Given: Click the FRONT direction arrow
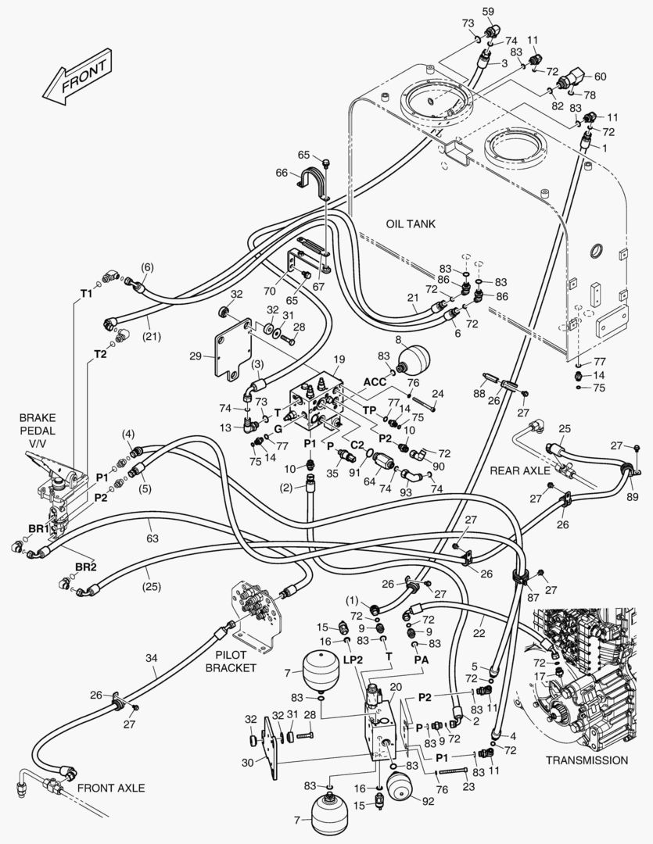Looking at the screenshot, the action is (77, 76).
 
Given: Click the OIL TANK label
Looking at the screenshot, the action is (411, 224).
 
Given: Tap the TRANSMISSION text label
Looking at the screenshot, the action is (587, 760).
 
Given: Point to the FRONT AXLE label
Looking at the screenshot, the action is (111, 788).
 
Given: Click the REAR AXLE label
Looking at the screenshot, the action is (520, 471).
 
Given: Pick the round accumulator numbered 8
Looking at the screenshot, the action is (414, 359).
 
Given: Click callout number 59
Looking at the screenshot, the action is (488, 10).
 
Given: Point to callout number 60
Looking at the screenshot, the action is (599, 77).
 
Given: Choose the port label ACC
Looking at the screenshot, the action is (375, 381).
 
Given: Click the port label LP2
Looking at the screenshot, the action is (353, 660).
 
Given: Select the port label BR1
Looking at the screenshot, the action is (39, 528).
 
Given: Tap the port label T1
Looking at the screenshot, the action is (86, 293).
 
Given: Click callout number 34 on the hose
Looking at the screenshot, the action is (152, 658).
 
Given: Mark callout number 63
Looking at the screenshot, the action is (152, 538).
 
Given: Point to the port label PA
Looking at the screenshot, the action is (421, 660).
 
